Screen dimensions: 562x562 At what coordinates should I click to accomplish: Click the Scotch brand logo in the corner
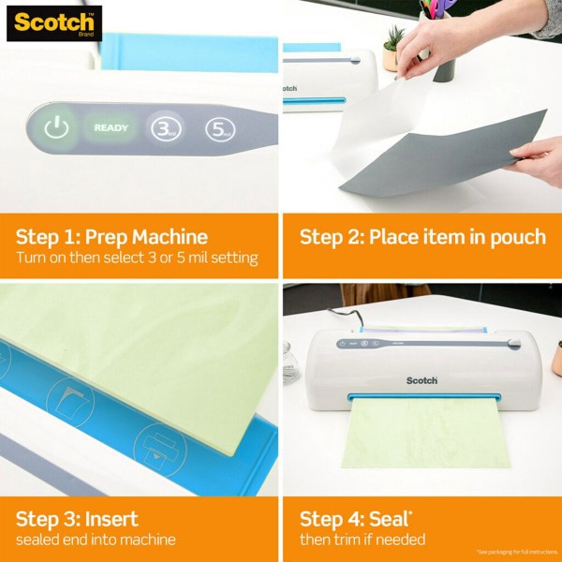coord(53,23)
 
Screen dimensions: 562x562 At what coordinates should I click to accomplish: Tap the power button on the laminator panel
coord(57,129)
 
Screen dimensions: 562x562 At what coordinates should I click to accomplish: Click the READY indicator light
coord(111,128)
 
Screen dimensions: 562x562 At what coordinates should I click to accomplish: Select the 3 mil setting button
coord(166,129)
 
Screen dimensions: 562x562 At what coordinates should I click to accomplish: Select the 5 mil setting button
coord(220,129)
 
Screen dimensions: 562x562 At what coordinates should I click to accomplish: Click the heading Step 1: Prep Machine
coord(112,236)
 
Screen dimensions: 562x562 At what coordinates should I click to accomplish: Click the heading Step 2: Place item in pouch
coord(422,236)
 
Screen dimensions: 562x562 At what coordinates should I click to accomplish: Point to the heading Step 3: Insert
coord(77,518)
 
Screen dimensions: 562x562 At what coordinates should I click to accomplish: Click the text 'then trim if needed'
coord(362,540)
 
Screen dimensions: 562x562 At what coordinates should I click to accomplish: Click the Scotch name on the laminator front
coord(421,380)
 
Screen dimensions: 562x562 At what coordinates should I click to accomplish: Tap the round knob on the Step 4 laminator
coord(513,345)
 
